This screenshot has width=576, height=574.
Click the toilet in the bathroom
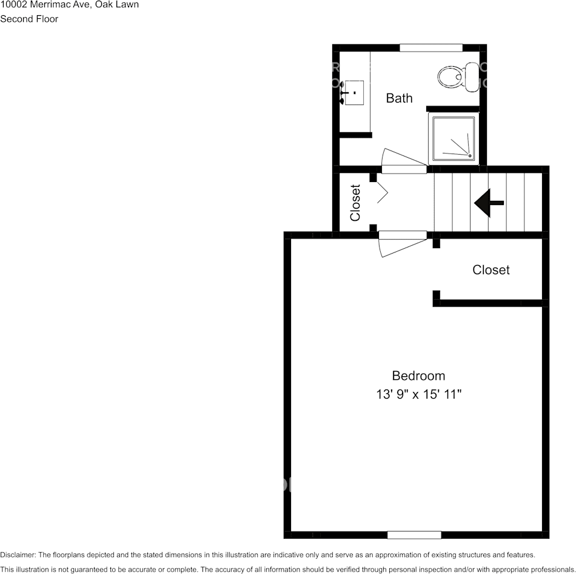coord(452,77)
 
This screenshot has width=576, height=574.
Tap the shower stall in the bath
coord(453,138)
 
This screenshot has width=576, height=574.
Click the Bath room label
coord(400,98)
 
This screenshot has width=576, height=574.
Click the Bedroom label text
coord(418,376)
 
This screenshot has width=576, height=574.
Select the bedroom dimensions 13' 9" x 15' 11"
coord(418,394)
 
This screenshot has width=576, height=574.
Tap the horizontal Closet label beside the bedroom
coord(491,270)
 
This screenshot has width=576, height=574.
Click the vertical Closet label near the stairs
coord(355,203)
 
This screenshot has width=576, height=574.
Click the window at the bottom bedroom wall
coord(414,535)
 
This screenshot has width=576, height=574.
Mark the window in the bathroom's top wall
coord(431,48)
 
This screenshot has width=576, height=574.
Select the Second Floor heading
coord(29,19)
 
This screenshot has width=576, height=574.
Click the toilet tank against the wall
coord(472,77)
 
